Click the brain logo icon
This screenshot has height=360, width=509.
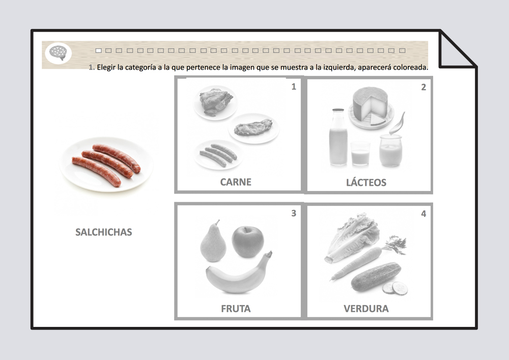pos(59,53)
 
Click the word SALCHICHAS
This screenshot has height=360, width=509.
pos(103,232)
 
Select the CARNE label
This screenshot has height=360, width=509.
pos(236,182)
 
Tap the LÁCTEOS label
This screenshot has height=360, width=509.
pos(366,182)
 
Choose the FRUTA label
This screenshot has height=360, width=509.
pos(236,309)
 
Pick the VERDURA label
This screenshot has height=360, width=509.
pos(366,309)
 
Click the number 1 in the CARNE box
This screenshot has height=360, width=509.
pos(294,87)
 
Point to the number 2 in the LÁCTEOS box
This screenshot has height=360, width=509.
pos(423,87)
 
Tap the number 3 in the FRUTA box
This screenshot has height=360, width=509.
pos(294,213)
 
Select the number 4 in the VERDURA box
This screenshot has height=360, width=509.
pos(423,213)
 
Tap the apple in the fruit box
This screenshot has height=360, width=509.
pos(248,242)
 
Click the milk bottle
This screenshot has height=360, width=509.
pos(338,137)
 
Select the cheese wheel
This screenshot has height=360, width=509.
pos(370,104)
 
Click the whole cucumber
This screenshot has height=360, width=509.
pos(376,276)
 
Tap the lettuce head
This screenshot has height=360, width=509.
pos(352,236)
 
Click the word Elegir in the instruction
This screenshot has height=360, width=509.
pos(106,68)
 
